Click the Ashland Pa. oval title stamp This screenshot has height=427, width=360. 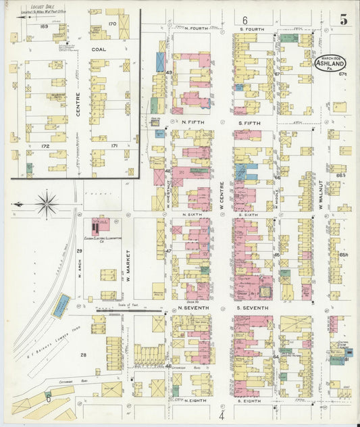tap(328, 65)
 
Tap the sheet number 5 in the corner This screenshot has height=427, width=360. tap(344, 20)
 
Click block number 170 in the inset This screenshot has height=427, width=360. tap(112, 24)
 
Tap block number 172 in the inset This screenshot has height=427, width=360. tap(46, 146)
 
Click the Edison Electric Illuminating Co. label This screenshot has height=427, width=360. tap(101, 241)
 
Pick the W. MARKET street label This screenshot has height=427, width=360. tap(126, 266)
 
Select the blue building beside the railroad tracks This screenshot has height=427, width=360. tap(61, 305)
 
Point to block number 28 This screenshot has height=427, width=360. tap(84, 355)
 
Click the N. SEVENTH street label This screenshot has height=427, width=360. tap(193, 308)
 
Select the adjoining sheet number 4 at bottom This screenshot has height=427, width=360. tap(221, 415)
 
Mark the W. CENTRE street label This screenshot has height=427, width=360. tap(220, 189)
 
